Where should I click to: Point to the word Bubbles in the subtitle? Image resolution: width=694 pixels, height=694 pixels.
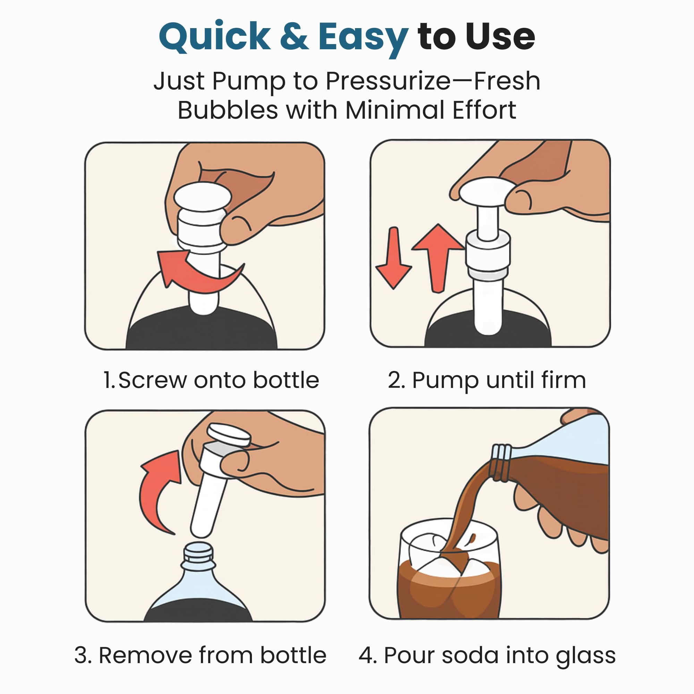coord(228,110)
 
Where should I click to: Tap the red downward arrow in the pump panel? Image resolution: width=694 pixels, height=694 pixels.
coord(393,258)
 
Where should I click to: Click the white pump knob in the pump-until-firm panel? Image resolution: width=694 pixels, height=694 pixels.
coord(487,192)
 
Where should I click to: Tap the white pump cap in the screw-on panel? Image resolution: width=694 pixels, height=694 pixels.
coord(202,197)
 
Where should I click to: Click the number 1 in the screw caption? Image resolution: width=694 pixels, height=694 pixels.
coord(108,380)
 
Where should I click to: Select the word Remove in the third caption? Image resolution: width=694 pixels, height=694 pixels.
coord(145,655)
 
